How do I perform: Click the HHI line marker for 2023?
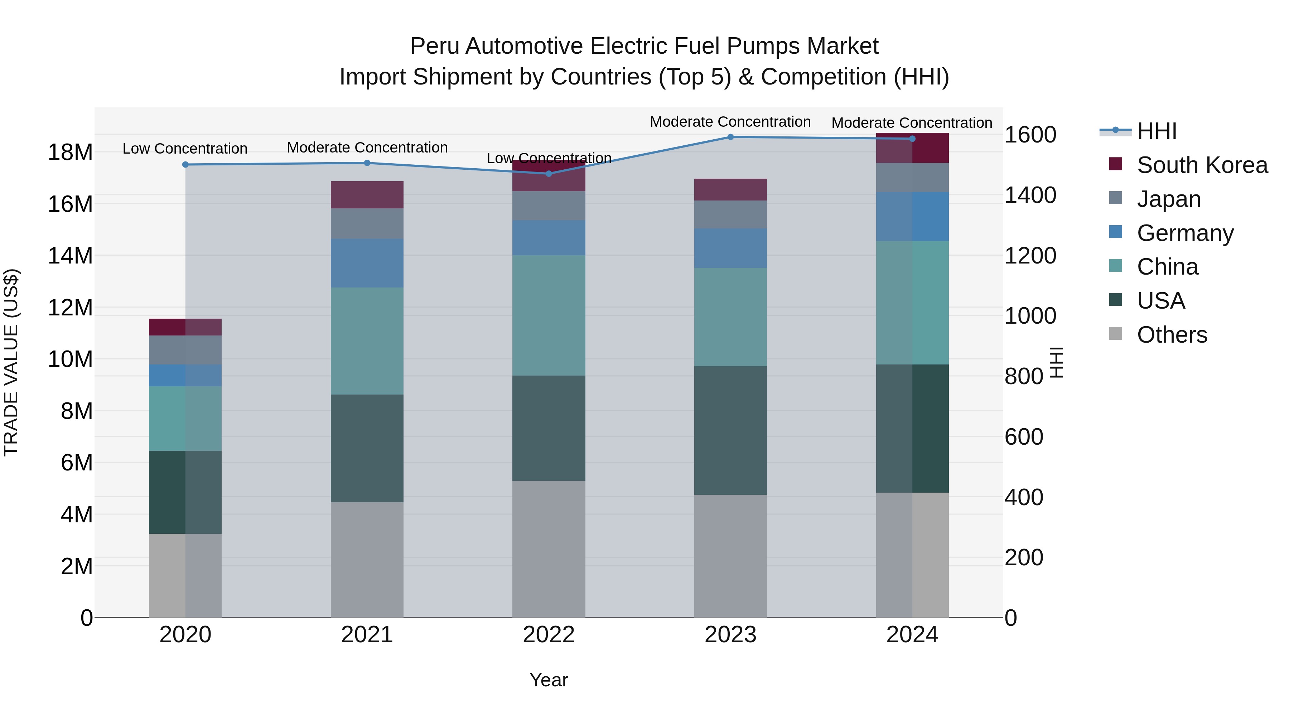730,137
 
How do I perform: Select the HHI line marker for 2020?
185,165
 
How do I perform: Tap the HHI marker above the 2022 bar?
549,174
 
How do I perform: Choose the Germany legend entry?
1185,233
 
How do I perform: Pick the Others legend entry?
1172,335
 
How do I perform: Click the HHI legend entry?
1157,131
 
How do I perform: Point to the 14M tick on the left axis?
70,256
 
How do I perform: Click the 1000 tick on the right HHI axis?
1030,316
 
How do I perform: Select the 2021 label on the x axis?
367,635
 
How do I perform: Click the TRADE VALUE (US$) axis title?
11,362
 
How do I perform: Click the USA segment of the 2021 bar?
367,448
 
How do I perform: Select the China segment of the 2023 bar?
730,317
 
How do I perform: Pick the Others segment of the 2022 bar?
549,549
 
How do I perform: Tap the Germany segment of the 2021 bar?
367,263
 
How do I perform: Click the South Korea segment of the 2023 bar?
730,190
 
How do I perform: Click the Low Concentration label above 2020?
185,149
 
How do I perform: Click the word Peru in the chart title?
435,47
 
